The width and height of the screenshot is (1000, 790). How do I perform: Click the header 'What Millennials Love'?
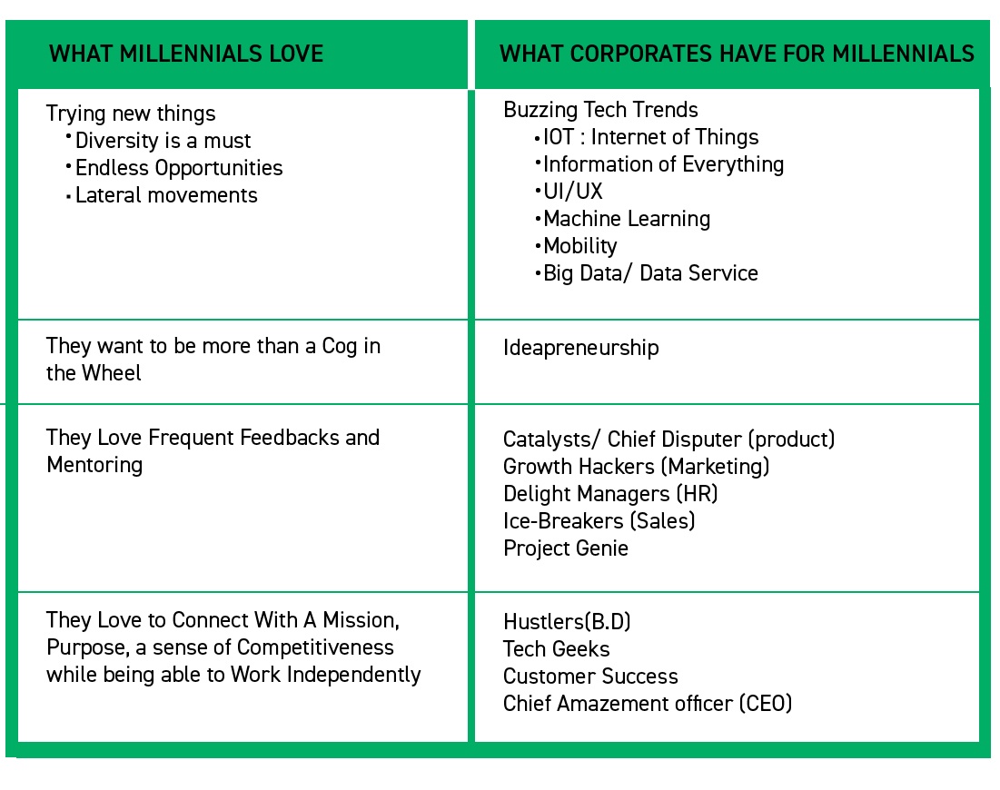tap(186, 54)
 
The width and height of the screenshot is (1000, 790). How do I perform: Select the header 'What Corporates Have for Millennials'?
tap(737, 54)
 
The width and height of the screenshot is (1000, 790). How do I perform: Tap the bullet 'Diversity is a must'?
tap(163, 141)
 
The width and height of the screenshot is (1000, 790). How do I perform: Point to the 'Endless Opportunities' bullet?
tap(179, 168)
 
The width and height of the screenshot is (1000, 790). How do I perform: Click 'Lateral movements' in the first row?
tap(166, 195)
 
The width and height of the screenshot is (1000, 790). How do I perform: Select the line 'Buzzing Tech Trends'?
tap(600, 110)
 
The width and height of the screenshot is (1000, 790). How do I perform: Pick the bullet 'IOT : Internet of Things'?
tap(650, 137)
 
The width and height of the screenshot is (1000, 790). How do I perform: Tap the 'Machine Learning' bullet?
tap(627, 219)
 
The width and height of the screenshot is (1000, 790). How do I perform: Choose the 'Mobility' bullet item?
tap(579, 246)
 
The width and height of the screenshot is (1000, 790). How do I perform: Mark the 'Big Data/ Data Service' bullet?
tap(650, 273)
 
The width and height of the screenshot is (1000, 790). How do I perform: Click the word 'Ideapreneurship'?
tap(580, 348)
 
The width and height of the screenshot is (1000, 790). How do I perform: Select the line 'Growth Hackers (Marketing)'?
tap(636, 467)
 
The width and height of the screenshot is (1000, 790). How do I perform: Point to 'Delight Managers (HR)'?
tap(610, 494)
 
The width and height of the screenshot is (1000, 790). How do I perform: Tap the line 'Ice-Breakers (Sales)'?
tap(599, 521)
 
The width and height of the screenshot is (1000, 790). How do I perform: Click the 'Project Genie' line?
tap(565, 548)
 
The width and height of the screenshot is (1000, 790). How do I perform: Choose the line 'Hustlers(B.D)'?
tap(567, 622)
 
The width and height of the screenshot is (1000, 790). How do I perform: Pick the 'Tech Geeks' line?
tap(556, 649)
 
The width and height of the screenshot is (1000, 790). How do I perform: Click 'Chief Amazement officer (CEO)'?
tap(648, 704)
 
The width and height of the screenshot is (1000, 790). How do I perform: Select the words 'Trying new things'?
tap(131, 114)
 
